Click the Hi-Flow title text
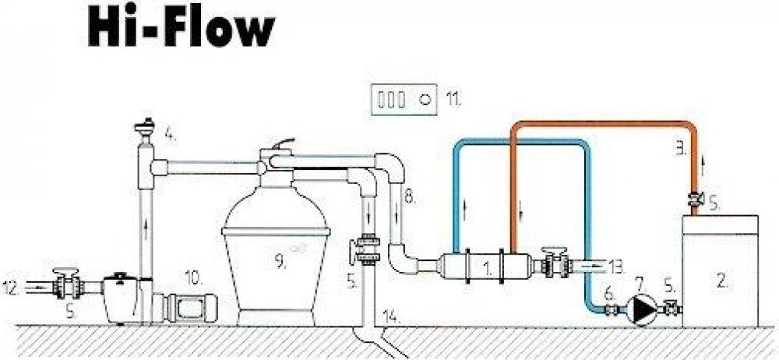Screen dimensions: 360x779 tap(180, 30)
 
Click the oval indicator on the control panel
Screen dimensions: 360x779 tap(426, 100)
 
